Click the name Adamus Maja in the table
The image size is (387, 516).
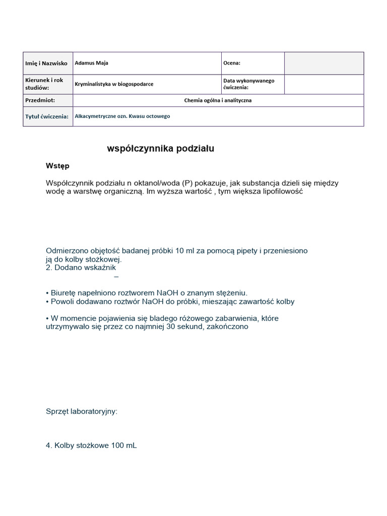(x=91, y=63)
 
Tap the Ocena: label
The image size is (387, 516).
(x=232, y=63)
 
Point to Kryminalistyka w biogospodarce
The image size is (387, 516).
(x=114, y=84)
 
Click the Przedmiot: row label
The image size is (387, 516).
(x=40, y=100)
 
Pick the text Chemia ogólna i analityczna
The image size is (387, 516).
(x=218, y=100)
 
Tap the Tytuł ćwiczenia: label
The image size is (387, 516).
(x=46, y=116)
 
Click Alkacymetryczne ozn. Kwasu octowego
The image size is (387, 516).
(x=122, y=116)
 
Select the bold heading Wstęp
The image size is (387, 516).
(x=58, y=166)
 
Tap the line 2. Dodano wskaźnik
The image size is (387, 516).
(x=81, y=268)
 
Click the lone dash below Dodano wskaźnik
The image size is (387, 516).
(x=116, y=277)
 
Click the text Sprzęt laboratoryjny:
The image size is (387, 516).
(x=81, y=411)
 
